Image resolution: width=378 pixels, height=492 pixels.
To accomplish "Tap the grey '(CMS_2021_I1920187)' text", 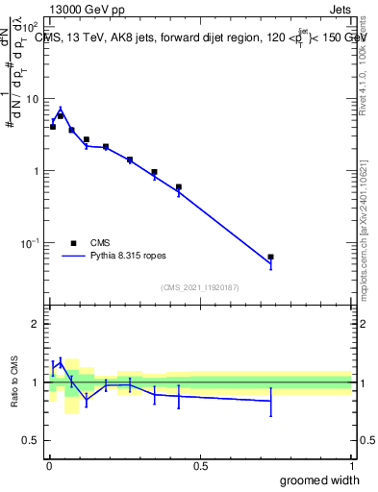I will (x=200, y=287).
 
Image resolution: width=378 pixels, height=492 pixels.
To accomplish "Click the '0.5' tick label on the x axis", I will (x=200, y=466).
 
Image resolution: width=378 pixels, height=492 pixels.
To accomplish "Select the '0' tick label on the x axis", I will (x=48, y=466).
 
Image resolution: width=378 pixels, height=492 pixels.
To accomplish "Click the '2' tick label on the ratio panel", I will (x=36, y=324).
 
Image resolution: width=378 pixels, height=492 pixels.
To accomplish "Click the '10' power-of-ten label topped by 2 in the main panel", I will (x=29, y=28).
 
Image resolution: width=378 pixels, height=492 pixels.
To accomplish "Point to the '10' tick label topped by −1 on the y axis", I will (x=29, y=243).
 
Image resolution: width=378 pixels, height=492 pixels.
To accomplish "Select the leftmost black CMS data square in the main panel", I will (x=53, y=127).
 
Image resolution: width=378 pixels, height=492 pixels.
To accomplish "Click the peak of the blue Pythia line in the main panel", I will (x=60, y=109).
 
